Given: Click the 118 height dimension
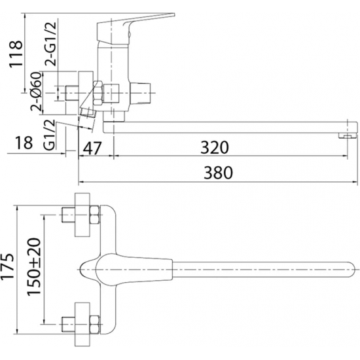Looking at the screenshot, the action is point(16,54).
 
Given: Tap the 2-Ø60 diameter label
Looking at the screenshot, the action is point(37,92).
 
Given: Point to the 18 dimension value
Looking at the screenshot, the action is point(24,142).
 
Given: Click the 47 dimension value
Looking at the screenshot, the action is point(92,148).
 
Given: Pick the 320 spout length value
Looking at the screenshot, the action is point(215,147).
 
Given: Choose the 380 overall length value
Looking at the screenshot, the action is point(218,173).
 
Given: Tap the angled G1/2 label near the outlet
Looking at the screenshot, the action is point(50,135).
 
